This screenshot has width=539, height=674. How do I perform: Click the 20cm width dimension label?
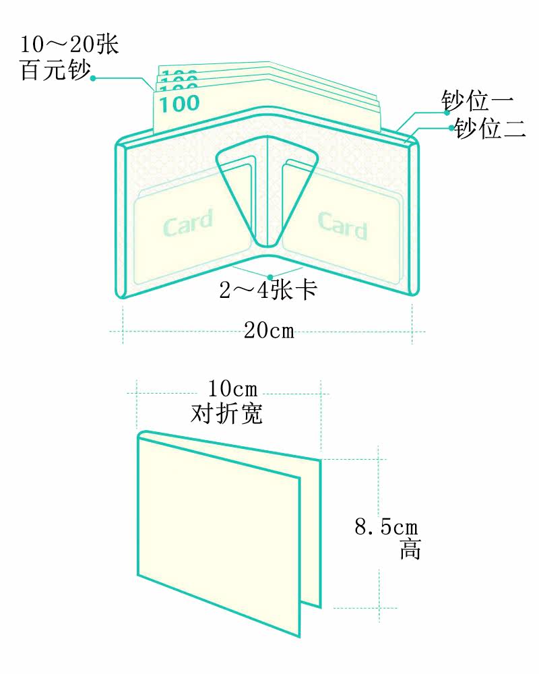[269, 331]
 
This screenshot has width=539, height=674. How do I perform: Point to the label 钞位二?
[490, 128]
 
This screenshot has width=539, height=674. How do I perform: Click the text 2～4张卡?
[268, 290]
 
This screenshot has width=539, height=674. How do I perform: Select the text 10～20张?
[69, 45]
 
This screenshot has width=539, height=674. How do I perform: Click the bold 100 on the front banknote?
[180, 104]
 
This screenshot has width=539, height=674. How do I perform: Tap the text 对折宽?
[227, 413]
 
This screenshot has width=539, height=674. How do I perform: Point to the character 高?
[410, 549]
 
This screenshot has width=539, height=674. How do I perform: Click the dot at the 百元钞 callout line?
[92, 78]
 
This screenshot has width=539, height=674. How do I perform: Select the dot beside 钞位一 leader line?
[447, 113]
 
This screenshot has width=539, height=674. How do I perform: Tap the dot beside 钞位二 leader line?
[451, 127]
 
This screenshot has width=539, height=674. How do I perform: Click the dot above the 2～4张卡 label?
[269, 276]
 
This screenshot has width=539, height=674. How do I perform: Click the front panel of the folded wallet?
[219, 532]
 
